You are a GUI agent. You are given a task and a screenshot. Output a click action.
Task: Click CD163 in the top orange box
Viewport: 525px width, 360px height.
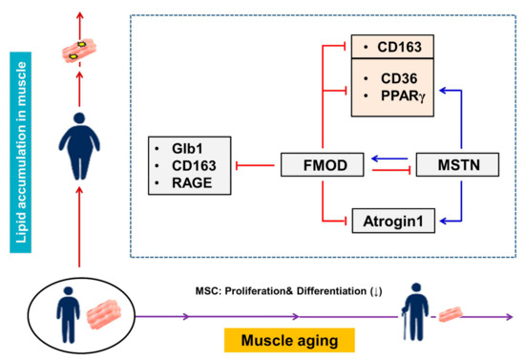pos(391,45)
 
